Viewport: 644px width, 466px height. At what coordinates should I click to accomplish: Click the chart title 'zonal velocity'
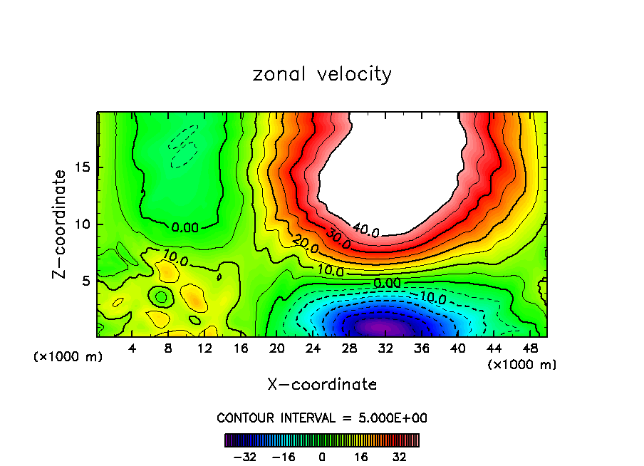tap(322, 74)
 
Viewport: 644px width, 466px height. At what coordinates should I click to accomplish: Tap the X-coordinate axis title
tap(322, 385)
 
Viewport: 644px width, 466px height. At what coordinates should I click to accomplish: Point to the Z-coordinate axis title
tap(61, 224)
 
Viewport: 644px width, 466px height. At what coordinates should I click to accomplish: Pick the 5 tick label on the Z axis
tap(87, 281)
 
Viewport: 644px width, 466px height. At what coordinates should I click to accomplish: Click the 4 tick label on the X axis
tap(132, 349)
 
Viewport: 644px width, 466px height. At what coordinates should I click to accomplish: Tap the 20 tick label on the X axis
tap(277, 349)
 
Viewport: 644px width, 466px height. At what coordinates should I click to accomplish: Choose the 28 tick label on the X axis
tap(350, 349)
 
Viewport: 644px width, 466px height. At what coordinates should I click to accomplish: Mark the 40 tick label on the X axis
tap(458, 349)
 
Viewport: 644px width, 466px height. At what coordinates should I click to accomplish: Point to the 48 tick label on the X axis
tap(531, 349)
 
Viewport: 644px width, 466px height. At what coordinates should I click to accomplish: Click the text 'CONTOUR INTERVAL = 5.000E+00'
tap(322, 418)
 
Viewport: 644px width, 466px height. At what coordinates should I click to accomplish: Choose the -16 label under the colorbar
tap(284, 456)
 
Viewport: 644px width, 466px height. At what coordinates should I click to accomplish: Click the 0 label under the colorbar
tap(322, 456)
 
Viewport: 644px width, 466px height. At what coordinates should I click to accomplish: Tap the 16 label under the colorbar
tap(360, 456)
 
